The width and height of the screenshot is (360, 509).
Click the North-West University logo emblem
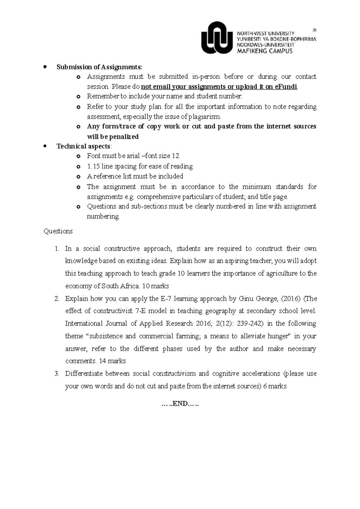217,37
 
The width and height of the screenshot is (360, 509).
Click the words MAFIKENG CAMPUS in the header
265,51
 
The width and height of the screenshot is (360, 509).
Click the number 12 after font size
175,156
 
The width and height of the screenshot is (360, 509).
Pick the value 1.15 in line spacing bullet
93,166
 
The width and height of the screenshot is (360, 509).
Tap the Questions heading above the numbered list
58,231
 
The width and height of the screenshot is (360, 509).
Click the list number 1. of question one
57,249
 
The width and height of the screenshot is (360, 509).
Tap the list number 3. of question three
57,374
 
